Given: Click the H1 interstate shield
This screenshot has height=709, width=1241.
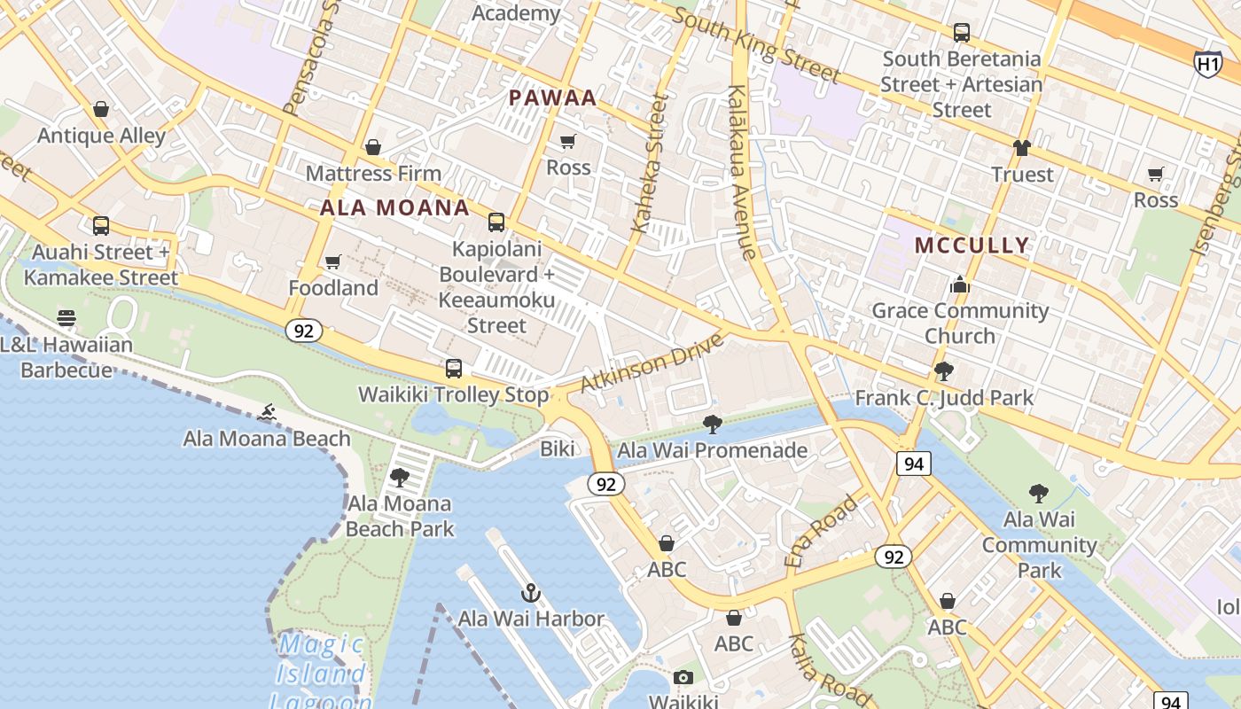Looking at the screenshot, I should (1207, 63).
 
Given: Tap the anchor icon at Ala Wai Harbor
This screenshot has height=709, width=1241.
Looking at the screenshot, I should (531, 593).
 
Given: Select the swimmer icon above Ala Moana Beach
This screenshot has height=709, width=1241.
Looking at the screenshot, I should (267, 412).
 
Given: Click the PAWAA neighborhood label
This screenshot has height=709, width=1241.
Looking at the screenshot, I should (553, 98).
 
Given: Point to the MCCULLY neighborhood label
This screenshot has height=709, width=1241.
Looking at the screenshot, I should (972, 245).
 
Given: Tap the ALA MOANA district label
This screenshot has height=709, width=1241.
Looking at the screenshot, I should (394, 208).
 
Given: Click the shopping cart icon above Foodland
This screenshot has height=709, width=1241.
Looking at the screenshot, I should (333, 261).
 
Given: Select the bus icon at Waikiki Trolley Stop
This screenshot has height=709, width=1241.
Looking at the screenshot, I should (454, 368).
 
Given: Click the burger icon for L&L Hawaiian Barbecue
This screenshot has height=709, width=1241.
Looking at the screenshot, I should (66, 317).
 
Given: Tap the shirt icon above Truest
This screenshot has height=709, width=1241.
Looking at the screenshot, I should (1022, 148).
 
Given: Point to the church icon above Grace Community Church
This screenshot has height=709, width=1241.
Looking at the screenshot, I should (960, 284).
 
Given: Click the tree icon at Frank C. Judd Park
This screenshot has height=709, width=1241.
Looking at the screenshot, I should (944, 371).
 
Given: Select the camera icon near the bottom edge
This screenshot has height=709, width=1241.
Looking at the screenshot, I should (683, 678).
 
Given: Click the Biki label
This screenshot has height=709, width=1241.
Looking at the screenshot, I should (558, 448).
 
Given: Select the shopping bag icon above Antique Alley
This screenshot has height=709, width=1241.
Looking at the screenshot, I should (101, 109).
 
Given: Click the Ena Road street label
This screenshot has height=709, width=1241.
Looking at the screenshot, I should (822, 530).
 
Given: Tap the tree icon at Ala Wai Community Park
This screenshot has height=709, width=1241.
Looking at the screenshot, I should (1039, 493).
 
